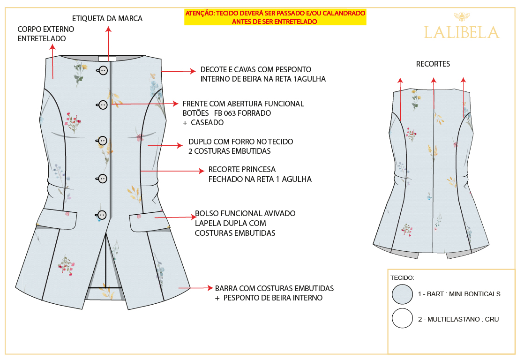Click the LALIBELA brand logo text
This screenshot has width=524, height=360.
(x=462, y=33)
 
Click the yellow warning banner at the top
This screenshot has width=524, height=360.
(x=275, y=17)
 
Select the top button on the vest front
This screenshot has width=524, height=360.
(x=103, y=70)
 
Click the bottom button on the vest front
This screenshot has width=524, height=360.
(x=102, y=215)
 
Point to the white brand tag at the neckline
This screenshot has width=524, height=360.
(x=107, y=59)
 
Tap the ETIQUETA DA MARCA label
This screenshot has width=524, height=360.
(x=107, y=18)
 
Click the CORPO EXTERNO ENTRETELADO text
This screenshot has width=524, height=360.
(x=46, y=34)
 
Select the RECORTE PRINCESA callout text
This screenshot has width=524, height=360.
(x=260, y=174)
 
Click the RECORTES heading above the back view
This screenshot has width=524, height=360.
(x=433, y=64)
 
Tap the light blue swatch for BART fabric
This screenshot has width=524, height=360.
(x=402, y=294)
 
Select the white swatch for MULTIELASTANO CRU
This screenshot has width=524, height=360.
(x=402, y=318)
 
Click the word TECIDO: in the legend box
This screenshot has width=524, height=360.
(x=402, y=278)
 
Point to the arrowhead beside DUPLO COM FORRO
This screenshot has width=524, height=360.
(x=180, y=145)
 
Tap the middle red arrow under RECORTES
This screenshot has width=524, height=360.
(x=434, y=93)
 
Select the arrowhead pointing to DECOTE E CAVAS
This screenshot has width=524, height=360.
(x=193, y=71)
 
